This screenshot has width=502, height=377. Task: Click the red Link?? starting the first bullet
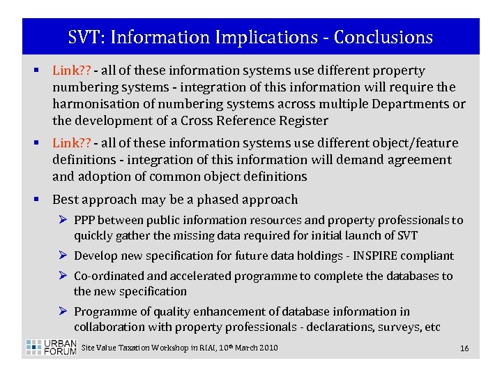[x=72, y=71]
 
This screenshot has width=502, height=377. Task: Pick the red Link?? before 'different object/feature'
[x=72, y=143]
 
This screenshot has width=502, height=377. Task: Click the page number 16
[x=464, y=348]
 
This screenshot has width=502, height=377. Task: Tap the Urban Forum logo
[x=51, y=347]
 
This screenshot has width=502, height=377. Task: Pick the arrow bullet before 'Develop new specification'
[x=64, y=256]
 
